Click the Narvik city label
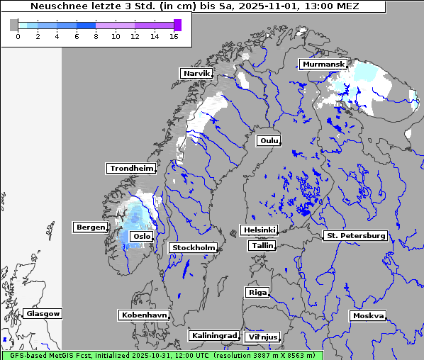click(x=197, y=73)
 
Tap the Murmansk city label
click(x=323, y=64)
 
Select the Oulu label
click(x=269, y=141)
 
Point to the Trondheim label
click(x=131, y=169)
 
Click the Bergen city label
click(x=89, y=227)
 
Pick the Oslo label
click(x=141, y=237)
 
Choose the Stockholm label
click(x=193, y=247)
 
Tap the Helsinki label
click(x=259, y=230)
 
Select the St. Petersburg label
click(x=355, y=235)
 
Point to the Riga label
click(x=257, y=292)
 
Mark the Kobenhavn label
click(x=144, y=315)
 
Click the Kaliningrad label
click(x=213, y=335)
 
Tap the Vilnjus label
click(x=262, y=337)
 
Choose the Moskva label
click(x=368, y=316)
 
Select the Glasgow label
click(x=43, y=313)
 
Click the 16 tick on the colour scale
click(x=174, y=35)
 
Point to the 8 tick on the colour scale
click(x=96, y=35)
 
